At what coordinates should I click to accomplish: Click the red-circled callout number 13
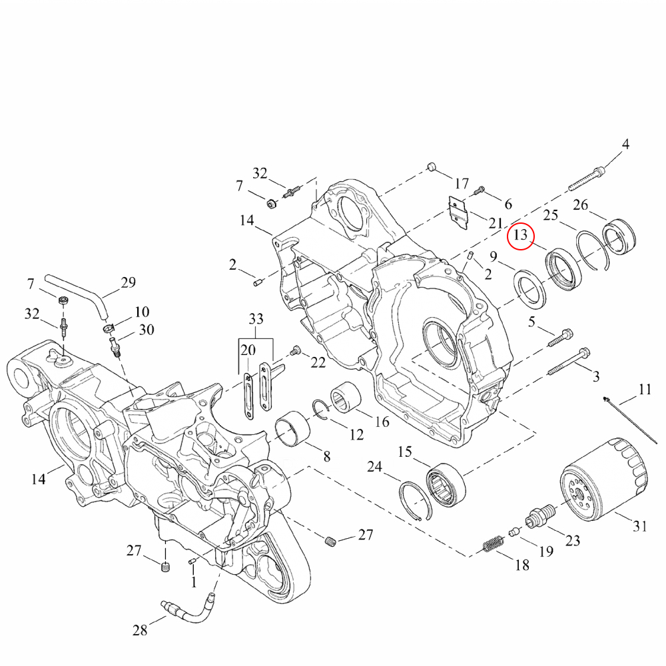tap(520, 235)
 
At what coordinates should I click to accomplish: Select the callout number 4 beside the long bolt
tap(625, 145)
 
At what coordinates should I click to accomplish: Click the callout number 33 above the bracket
tap(256, 318)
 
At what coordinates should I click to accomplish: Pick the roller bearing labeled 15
tap(446, 485)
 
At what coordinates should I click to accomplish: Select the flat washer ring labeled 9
tap(531, 290)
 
